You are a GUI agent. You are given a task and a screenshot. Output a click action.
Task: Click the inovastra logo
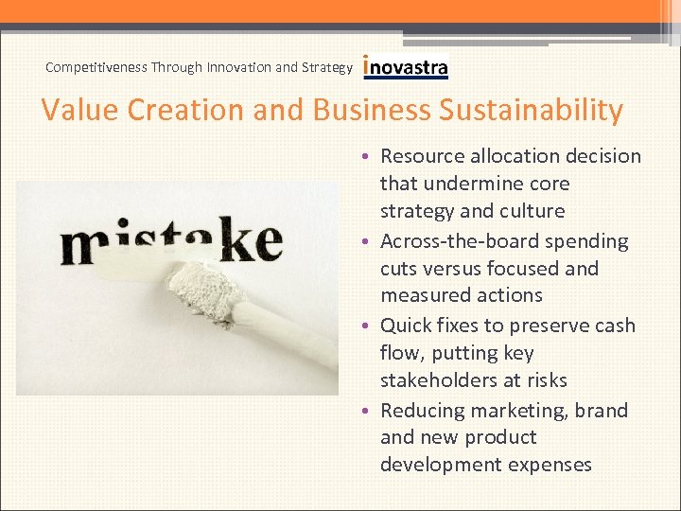[406, 67]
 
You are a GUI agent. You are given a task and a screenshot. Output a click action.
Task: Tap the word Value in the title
[79, 111]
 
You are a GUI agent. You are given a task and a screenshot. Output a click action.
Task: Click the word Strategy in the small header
[327, 67]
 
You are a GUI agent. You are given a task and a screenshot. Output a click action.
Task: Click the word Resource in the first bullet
[422, 156]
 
